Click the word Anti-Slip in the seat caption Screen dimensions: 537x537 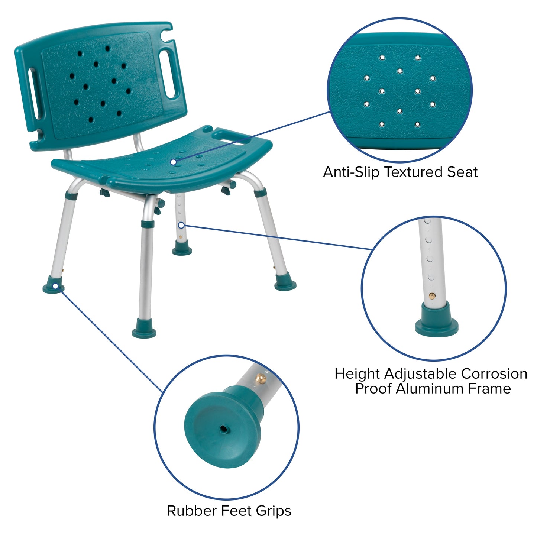352,172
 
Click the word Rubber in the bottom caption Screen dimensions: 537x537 192,511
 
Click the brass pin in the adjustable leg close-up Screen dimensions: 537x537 432,296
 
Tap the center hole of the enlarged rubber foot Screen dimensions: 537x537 224,428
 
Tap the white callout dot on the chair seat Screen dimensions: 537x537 173,162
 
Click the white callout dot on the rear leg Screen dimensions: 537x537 181,225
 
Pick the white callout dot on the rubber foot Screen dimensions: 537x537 55,286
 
